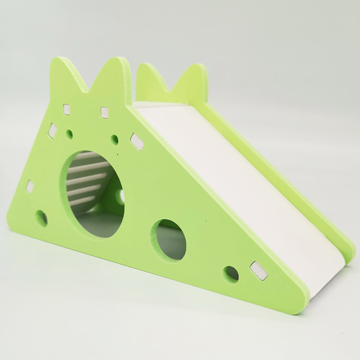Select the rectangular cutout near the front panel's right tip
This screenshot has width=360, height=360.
tap(259, 271)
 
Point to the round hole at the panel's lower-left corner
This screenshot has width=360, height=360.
tap(41, 218)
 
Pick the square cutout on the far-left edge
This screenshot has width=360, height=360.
tap(30, 186)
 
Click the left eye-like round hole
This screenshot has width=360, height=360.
tap(69, 135)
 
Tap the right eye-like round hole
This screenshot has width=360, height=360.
tap(114, 140)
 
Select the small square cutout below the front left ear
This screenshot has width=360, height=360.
tap(67, 109)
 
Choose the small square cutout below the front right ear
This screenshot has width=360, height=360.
tap(104, 112)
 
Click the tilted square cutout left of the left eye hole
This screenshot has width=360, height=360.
tap(53, 130)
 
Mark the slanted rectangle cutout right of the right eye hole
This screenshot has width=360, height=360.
tap(137, 141)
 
